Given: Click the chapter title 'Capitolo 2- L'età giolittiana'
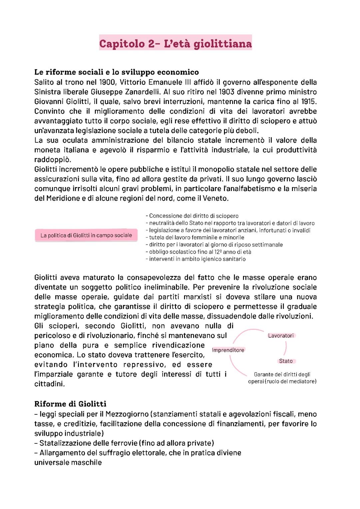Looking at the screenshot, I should click(x=175, y=44).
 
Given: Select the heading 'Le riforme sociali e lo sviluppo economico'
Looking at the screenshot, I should click(x=117, y=72).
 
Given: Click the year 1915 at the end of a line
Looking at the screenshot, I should click(x=309, y=101).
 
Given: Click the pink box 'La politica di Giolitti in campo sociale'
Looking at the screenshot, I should click(x=86, y=235).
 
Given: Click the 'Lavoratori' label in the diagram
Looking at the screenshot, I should click(x=281, y=336).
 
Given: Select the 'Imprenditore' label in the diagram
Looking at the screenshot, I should click(x=228, y=350).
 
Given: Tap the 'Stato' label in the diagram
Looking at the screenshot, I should click(x=286, y=361).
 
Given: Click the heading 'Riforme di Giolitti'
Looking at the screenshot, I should click(x=70, y=404).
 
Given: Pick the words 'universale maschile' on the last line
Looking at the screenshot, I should click(x=68, y=463).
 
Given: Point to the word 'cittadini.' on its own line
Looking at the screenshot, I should click(x=49, y=384).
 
